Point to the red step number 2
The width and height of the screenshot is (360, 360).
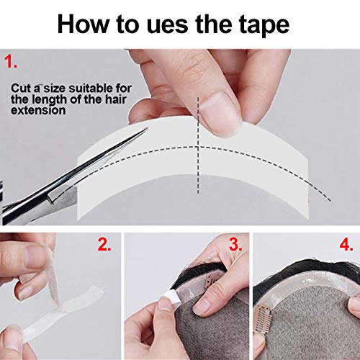pos(104,246)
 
